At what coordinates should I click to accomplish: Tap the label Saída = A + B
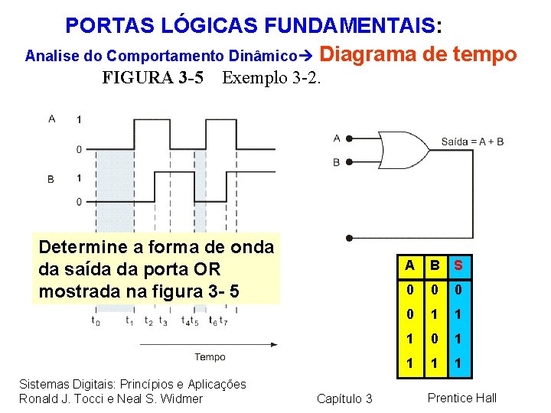(472, 142)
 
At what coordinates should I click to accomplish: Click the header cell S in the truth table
(458, 265)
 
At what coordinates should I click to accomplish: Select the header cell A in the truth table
(410, 265)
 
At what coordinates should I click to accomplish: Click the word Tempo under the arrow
(210, 357)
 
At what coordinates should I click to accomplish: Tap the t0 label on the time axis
(95, 322)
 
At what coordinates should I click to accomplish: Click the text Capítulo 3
(344, 398)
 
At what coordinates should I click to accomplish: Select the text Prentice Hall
(462, 398)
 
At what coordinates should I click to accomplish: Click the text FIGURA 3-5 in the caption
(153, 78)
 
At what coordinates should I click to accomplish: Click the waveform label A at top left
(51, 118)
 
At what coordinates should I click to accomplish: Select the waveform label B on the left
(51, 179)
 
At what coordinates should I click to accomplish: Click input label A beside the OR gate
(337, 138)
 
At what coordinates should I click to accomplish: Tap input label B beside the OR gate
(337, 162)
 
